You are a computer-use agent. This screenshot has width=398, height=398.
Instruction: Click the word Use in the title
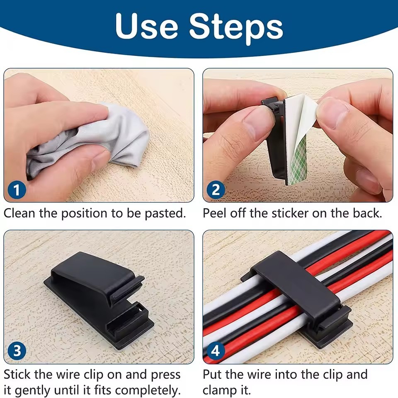coord(146,26)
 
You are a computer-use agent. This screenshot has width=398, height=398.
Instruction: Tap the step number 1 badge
coord(17,190)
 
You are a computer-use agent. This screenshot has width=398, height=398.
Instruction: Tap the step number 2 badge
coord(216,190)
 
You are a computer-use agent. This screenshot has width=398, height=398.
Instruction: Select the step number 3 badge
coord(17,351)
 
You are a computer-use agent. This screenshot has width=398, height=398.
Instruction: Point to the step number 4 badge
coord(216,351)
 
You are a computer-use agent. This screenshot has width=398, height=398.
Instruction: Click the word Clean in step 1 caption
coord(19,213)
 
